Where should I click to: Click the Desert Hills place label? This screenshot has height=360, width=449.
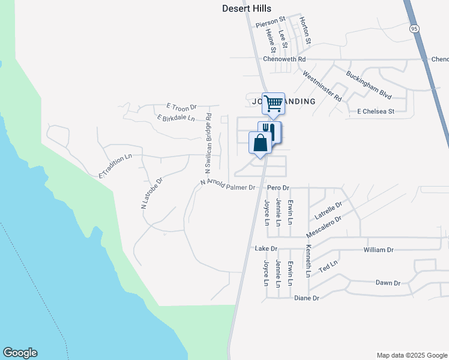coord(247,8)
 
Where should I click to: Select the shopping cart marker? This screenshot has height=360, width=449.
coord(273,103)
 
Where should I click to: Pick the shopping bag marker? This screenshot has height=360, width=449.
coord(260,144)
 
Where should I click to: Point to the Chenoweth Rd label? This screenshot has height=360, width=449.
coord(285,59)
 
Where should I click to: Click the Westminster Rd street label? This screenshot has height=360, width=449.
coord(322,86)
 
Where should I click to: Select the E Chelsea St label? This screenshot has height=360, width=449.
coord(375,112)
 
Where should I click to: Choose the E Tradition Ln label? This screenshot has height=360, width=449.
coord(115,166)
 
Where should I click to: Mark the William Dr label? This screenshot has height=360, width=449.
coord(378,250)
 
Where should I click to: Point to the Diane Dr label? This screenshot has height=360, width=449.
coord(307,298)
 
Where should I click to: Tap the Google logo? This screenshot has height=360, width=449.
coord(20,353)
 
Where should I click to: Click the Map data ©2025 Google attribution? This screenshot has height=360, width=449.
coord(411,355)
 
